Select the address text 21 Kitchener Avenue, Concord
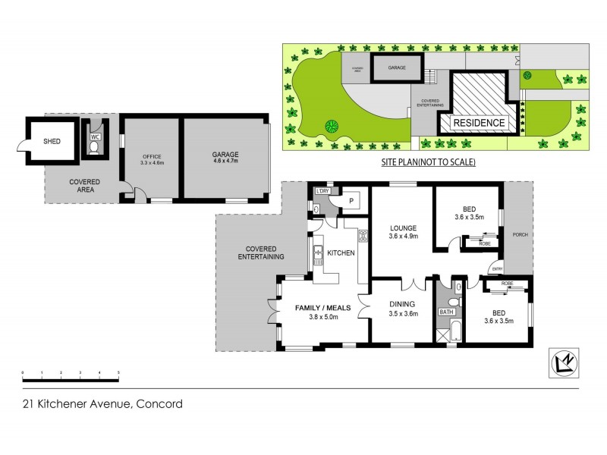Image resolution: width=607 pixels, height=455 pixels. click(x=102, y=404)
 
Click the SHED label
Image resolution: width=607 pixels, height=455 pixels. click(x=52, y=140)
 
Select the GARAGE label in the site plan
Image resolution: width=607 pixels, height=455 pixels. click(x=397, y=67)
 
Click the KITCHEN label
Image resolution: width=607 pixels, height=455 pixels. click(x=341, y=253)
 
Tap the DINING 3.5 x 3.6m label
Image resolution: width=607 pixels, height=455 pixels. click(x=403, y=308)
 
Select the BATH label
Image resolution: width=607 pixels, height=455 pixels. click(x=445, y=312)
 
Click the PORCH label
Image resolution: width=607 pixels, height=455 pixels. click(x=520, y=234)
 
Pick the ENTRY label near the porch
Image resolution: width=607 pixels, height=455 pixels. click(x=497, y=268)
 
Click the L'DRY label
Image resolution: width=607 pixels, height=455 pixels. click(x=322, y=191)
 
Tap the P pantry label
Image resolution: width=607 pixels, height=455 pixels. click(x=351, y=201)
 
